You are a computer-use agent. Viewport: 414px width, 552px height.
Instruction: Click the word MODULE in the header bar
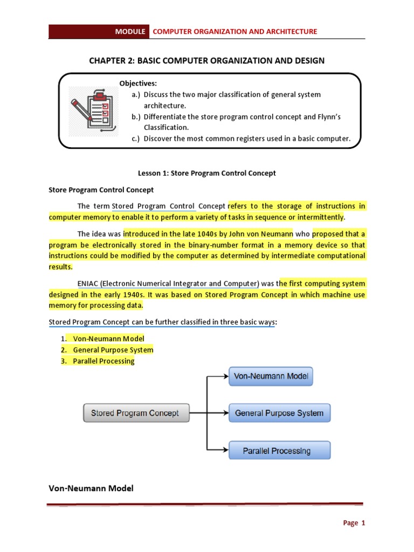click(130, 32)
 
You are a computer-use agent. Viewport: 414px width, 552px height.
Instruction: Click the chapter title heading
click(207, 60)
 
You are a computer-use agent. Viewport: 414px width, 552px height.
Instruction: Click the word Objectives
click(138, 83)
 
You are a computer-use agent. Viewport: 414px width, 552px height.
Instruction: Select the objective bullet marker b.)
click(135, 117)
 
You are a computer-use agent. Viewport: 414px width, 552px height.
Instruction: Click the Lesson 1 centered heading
click(207, 173)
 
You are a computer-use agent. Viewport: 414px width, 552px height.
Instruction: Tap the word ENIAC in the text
click(88, 284)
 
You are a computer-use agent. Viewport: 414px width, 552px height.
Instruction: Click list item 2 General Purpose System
click(113, 350)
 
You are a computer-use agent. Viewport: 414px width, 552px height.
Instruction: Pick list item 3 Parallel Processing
click(103, 361)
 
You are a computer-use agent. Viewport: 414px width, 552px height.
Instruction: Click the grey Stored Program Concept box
click(136, 413)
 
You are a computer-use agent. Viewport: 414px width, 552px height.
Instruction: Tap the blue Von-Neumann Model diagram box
click(271, 376)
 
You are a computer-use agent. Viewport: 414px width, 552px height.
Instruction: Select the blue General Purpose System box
click(279, 413)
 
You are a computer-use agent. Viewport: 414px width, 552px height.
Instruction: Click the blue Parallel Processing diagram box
click(279, 450)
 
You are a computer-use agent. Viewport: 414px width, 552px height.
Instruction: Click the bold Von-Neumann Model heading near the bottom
click(91, 488)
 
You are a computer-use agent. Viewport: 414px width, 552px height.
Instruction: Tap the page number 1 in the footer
click(363, 523)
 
